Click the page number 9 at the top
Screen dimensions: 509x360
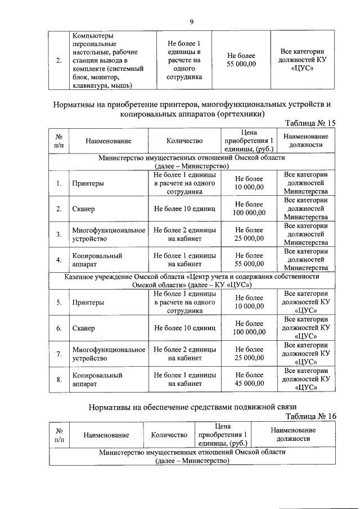tap(191, 22)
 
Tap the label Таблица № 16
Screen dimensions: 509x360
tap(310, 416)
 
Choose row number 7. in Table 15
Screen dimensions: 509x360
tap(59, 353)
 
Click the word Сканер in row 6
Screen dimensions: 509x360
tap(83, 328)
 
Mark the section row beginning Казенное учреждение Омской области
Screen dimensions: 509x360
tap(191, 281)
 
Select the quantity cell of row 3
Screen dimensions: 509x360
tap(185, 234)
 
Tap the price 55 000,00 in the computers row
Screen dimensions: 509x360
tap(241, 61)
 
